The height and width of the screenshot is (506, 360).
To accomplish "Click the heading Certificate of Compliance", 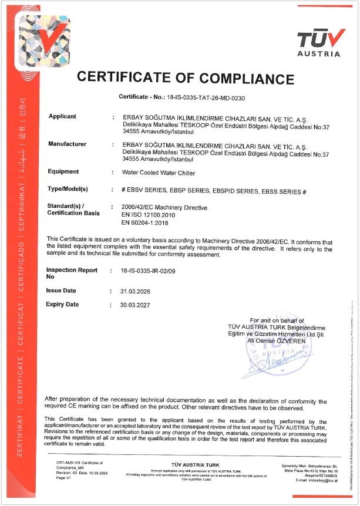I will click(x=186, y=77).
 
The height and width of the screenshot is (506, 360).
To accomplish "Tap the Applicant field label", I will click(x=62, y=116).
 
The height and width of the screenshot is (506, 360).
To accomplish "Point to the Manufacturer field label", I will click(x=67, y=144).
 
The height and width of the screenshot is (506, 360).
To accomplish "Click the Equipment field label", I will click(x=63, y=171).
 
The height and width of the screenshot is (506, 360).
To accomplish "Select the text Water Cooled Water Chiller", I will click(x=157, y=173).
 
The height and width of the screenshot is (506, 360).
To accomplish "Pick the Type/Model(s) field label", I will click(x=67, y=189).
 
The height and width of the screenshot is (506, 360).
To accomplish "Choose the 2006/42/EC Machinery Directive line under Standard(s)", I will click(x=162, y=207).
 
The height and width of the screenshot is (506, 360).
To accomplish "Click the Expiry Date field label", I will click(x=62, y=305).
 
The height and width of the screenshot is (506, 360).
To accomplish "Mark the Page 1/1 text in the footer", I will click(x=63, y=478).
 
